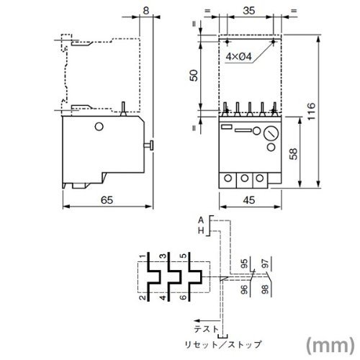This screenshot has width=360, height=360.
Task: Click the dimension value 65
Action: click(x=107, y=200)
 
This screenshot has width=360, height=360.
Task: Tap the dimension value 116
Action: click(x=311, y=112)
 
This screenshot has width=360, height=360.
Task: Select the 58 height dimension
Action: click(x=293, y=154)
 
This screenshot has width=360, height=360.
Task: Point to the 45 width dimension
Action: click(x=249, y=200)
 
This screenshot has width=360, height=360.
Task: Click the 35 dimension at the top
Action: click(x=248, y=11)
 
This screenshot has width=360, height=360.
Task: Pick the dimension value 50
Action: click(x=194, y=76)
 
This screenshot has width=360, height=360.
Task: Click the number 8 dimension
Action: click(x=146, y=11)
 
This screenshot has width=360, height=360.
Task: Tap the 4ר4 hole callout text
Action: click(x=238, y=57)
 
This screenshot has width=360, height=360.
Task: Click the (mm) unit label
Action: click(x=330, y=345)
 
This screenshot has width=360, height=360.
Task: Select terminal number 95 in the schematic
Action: click(x=244, y=264)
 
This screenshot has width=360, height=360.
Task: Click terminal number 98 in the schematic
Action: click(x=265, y=289)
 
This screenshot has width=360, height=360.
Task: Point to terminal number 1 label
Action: click(x=143, y=256)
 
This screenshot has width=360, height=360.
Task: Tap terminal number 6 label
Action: click(x=184, y=297)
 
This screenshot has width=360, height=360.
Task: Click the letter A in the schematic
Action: click(x=201, y=220)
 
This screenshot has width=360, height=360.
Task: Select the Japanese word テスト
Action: click(x=207, y=329)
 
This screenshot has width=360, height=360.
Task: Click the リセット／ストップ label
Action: click(x=222, y=345)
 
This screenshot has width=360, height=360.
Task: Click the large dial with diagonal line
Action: click(x=271, y=134)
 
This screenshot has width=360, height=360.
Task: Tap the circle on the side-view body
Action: click(x=99, y=127)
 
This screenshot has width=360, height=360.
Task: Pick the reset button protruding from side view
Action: click(x=149, y=145)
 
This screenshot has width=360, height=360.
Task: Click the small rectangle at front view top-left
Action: click(x=226, y=127)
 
